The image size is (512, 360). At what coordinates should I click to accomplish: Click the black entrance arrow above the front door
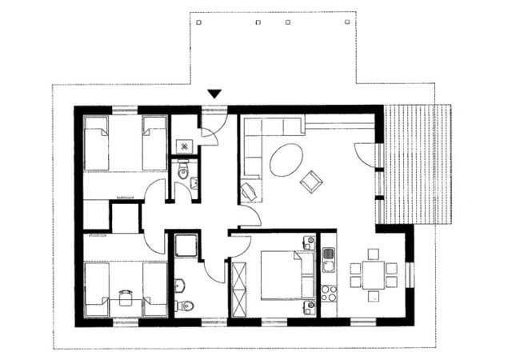(214, 95)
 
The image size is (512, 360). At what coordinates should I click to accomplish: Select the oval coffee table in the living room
(286, 160)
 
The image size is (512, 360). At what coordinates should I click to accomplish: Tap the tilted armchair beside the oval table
(310, 182)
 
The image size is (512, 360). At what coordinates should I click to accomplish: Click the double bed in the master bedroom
(281, 274)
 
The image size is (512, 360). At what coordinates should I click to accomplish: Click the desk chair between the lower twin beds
(125, 297)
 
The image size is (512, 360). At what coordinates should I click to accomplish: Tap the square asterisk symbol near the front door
(185, 146)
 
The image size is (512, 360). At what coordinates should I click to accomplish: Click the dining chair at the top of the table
(373, 254)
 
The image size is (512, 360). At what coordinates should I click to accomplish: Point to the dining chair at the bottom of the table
(373, 296)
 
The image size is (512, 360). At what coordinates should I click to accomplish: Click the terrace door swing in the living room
(365, 154)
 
